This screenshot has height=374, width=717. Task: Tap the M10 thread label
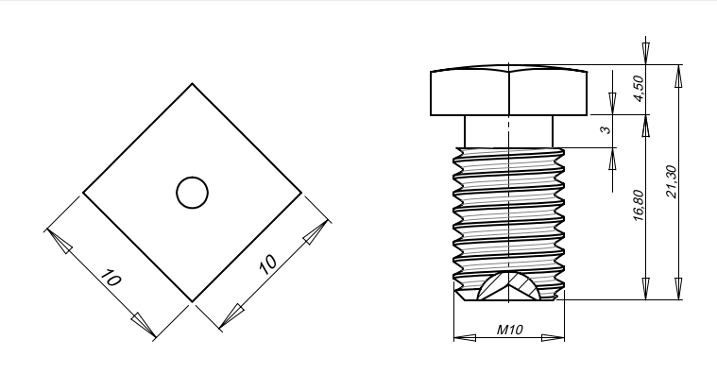[x=509, y=330]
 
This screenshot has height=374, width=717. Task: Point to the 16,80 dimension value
[x=639, y=206]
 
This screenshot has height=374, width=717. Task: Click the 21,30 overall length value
[x=672, y=181]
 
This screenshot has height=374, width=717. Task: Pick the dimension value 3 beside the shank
[x=606, y=129]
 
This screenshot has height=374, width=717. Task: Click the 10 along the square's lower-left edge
[x=111, y=278]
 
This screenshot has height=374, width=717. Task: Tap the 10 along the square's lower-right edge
[x=268, y=263]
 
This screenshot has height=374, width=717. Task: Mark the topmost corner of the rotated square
[x=192, y=84]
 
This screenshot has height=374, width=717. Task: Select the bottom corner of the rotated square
[x=192, y=302]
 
